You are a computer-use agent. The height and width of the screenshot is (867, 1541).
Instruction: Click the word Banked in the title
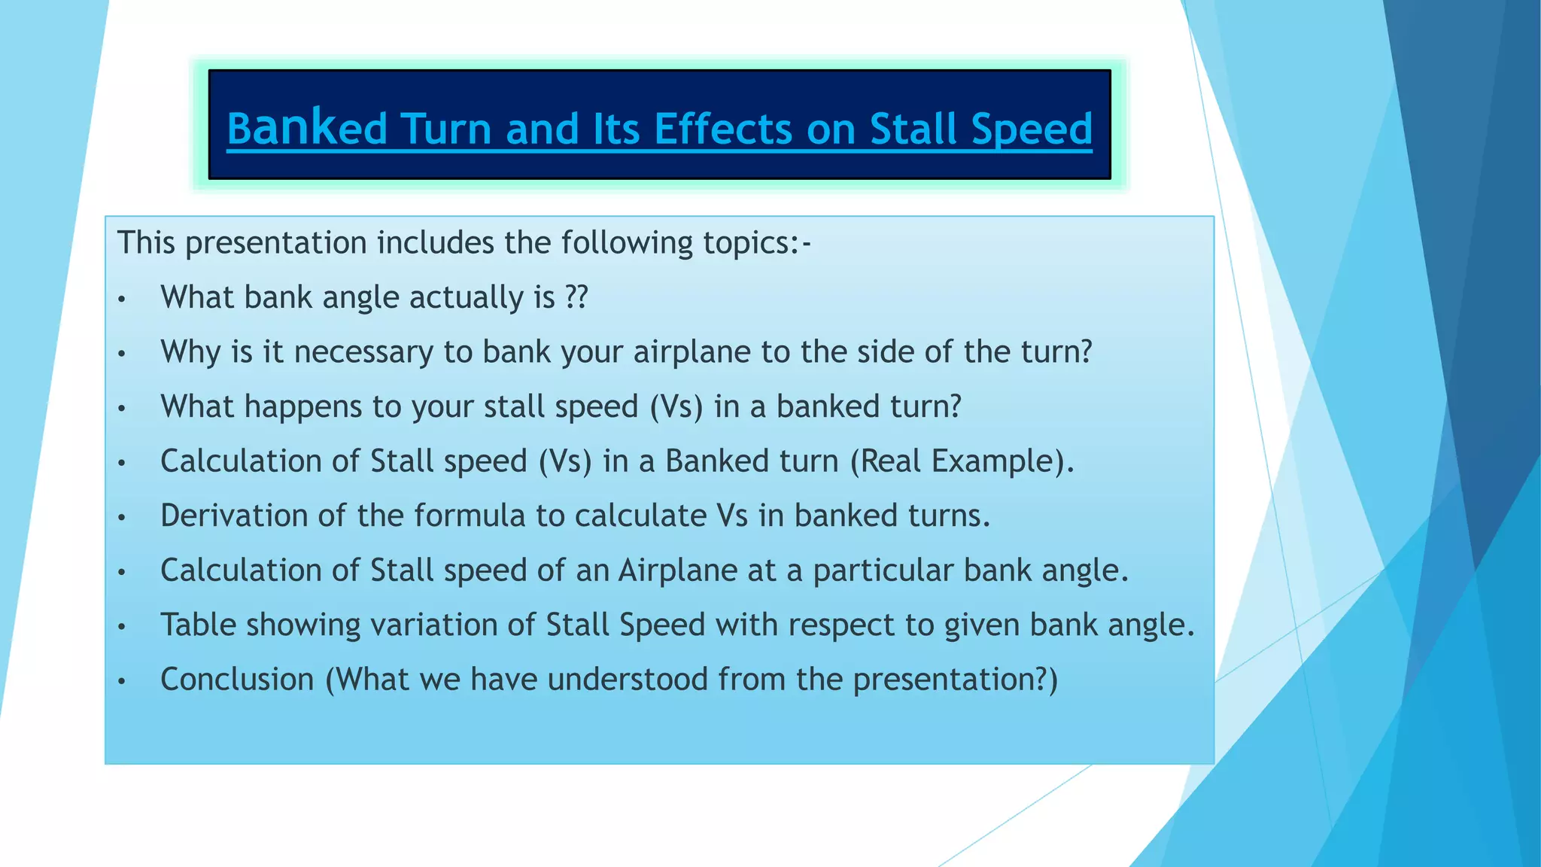pos(307,128)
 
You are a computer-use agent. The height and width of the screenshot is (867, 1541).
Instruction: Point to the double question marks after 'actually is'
pos(576,297)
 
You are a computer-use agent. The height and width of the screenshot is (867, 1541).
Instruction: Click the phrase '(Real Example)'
pos(962,461)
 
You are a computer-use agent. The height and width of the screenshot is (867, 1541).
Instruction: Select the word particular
pos(883,571)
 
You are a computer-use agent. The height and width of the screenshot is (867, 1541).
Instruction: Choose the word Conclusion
pos(237,680)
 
